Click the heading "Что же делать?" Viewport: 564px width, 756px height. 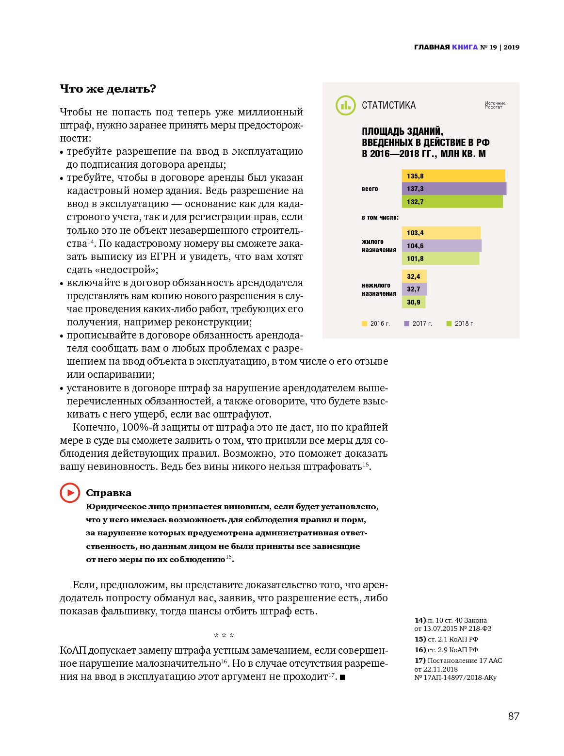(x=108, y=89)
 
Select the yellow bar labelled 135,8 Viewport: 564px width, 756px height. (x=453, y=176)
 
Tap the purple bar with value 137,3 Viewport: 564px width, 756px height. (x=454, y=189)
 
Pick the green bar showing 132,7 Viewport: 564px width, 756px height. (x=452, y=202)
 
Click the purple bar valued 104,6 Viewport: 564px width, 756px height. (x=441, y=246)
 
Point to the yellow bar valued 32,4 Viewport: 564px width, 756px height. (x=414, y=276)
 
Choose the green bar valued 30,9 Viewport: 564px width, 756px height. (x=414, y=302)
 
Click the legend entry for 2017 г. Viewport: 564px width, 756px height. (x=418, y=323)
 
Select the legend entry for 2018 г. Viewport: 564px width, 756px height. (x=460, y=323)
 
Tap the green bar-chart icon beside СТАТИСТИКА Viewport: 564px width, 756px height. (x=346, y=105)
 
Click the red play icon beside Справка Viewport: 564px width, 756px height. (x=70, y=493)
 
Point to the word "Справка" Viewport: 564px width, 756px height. (x=109, y=493)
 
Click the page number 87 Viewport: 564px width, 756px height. (x=514, y=716)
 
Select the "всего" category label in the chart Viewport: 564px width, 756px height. (x=370, y=189)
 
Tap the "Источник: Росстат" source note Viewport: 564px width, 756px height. (x=495, y=105)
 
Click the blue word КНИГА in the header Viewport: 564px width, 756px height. (x=465, y=47)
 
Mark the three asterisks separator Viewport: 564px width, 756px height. (x=224, y=636)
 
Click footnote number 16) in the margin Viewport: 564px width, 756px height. (x=420, y=650)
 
